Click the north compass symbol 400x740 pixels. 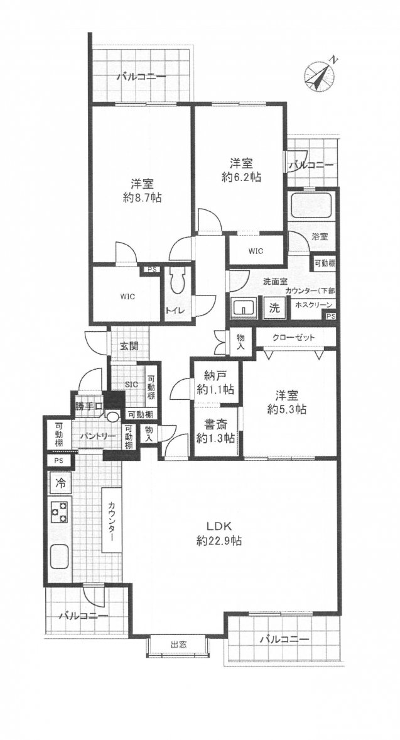point(320,75)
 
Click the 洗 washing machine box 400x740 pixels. point(274,309)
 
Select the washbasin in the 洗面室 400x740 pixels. point(244,309)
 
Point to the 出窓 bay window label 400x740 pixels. point(177,643)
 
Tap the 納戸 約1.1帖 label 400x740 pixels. point(216,383)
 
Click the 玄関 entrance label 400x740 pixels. point(128,346)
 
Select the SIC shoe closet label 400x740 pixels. point(131,385)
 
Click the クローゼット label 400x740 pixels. point(293,338)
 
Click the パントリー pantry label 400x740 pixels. point(97,436)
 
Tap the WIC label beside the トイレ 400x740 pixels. point(127,297)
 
